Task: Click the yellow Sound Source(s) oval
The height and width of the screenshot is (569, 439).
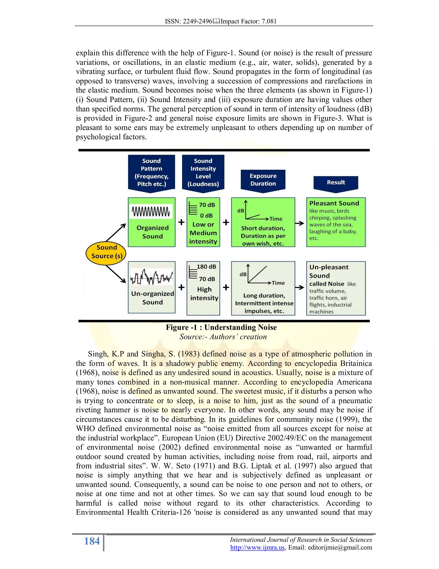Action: pyautogui.click(x=106, y=252)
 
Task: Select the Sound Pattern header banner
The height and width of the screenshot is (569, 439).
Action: pyautogui.click(x=151, y=172)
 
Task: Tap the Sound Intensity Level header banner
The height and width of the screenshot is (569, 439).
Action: pyautogui.click(x=203, y=172)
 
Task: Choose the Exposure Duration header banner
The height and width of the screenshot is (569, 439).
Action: pyautogui.click(x=263, y=180)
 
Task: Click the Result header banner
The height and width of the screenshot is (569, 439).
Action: pyautogui.click(x=336, y=182)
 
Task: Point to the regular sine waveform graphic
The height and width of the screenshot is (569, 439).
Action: pyautogui.click(x=151, y=211)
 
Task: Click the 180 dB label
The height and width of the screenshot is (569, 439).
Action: pyautogui.click(x=206, y=266)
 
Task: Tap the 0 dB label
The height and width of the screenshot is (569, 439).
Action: pyautogui.click(x=206, y=215)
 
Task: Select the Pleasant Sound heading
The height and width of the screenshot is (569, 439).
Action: pyautogui.click(x=334, y=203)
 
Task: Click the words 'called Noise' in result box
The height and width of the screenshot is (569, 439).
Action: pyautogui.click(x=327, y=284)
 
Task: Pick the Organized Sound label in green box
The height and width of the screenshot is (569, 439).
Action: pyautogui.click(x=152, y=232)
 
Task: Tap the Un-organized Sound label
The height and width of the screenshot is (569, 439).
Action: pyautogui.click(x=152, y=298)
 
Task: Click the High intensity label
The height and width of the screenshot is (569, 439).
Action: pyautogui.click(x=204, y=294)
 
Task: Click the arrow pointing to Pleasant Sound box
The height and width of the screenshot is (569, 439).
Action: pyautogui.click(x=300, y=223)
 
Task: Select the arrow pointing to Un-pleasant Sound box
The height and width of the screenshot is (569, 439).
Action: pyautogui.click(x=300, y=287)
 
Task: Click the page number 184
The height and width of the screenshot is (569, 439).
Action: pyautogui.click(x=92, y=541)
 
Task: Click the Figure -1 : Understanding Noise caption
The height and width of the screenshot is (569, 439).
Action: pyautogui.click(x=221, y=327)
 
